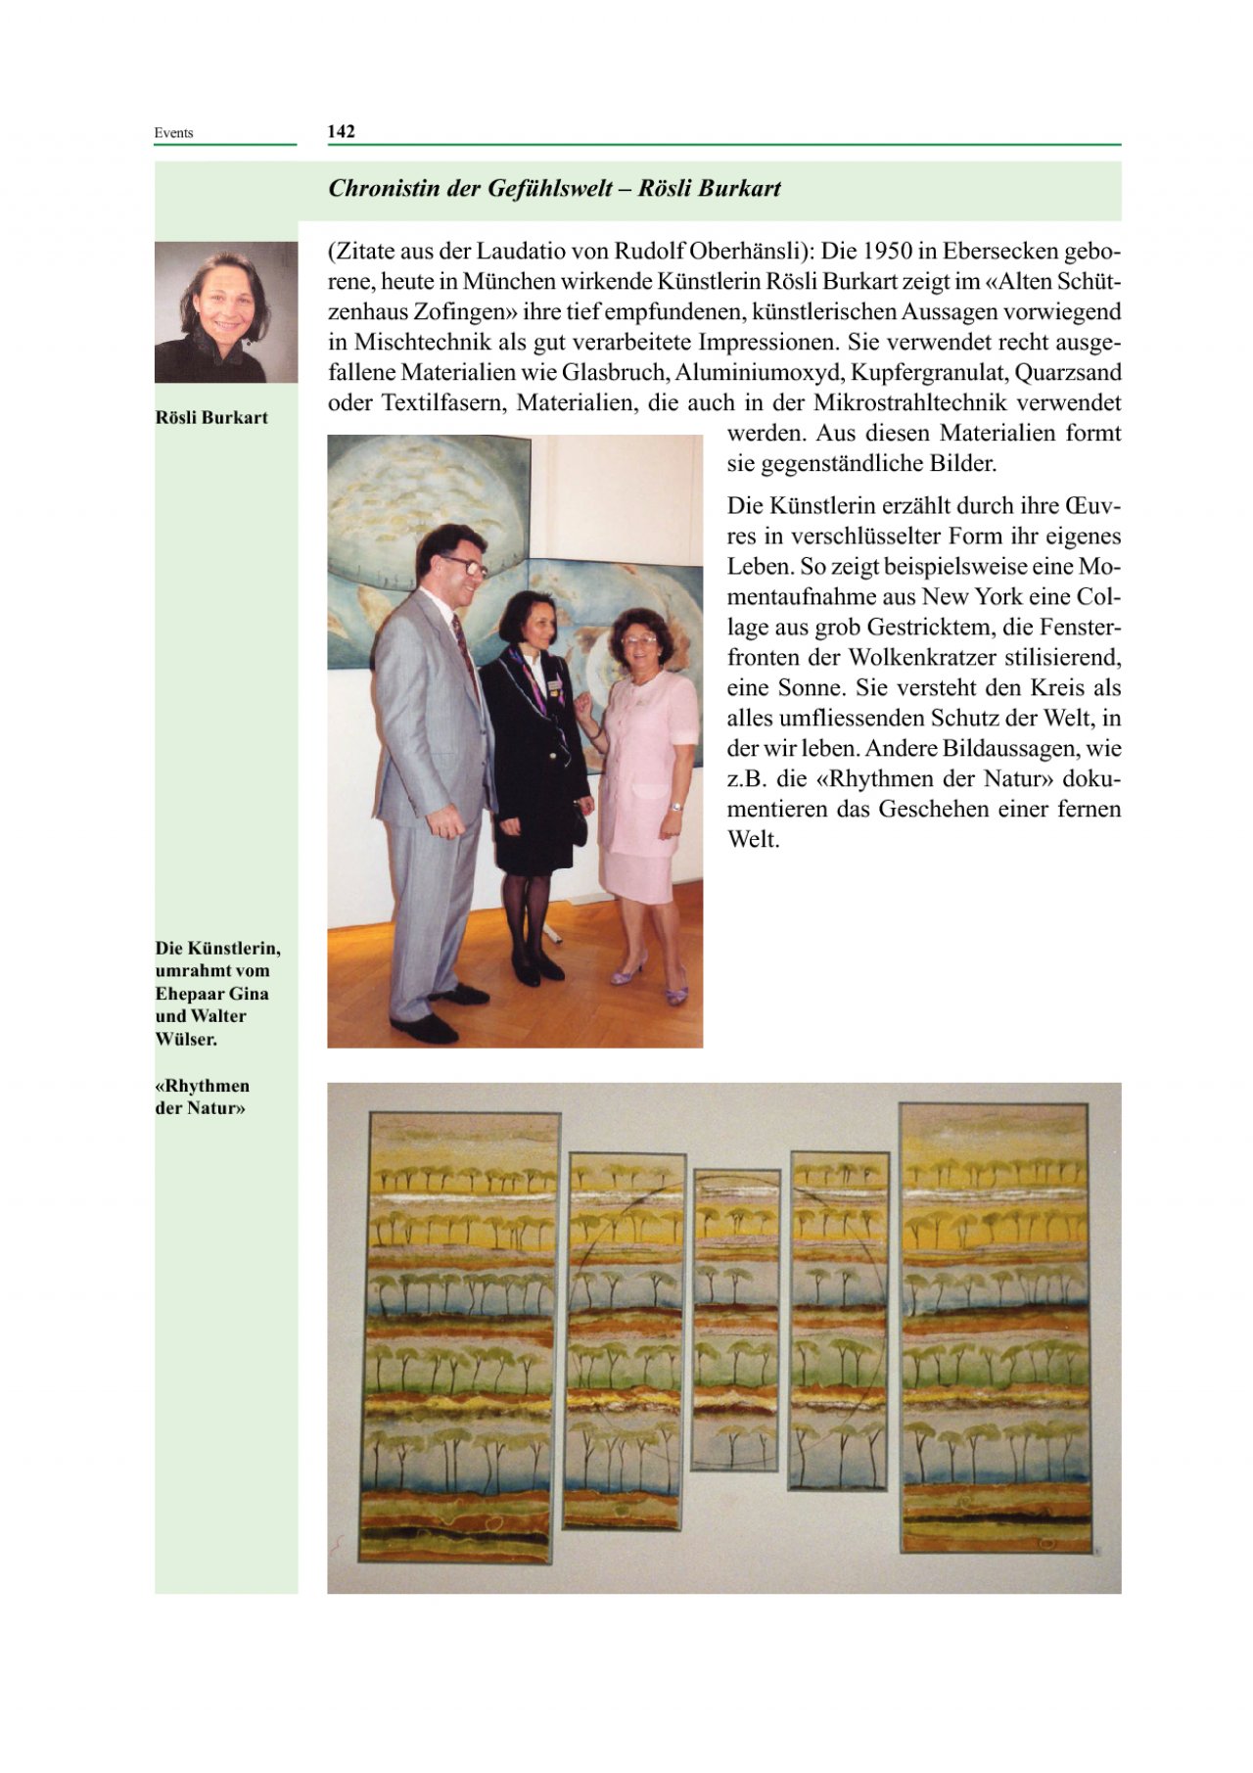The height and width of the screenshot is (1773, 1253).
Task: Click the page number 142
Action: (x=342, y=132)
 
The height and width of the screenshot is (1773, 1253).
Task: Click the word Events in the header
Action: (x=173, y=133)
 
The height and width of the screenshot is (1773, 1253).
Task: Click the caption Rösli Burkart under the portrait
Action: (x=211, y=418)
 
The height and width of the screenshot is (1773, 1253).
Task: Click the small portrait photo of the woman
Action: (x=226, y=312)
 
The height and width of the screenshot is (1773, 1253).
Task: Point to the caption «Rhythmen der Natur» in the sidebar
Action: (x=203, y=1097)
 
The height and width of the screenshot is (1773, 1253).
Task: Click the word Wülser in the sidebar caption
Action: (x=186, y=1039)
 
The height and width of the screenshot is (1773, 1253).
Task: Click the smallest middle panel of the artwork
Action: (x=736, y=1319)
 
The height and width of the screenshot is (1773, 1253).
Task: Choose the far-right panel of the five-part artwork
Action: (x=995, y=1327)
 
